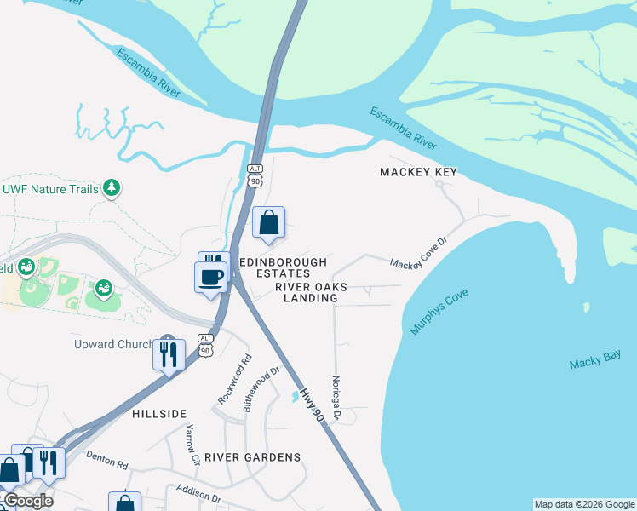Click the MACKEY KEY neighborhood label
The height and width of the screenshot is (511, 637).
click(418, 172)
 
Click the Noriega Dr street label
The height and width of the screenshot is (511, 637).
click(336, 398)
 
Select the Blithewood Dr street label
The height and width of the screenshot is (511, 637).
click(261, 389)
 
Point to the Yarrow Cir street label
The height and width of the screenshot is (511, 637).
click(192, 445)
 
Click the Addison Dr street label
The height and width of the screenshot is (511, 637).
click(198, 493)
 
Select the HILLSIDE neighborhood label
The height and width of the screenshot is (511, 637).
click(159, 413)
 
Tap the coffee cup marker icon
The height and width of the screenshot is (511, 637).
click(210, 277)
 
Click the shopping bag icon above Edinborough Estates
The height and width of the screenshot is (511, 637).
click(268, 223)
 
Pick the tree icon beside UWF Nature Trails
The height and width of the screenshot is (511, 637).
click(111, 188)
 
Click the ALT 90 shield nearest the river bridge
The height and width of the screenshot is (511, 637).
click(255, 175)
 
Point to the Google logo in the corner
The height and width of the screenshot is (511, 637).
click(27, 501)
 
